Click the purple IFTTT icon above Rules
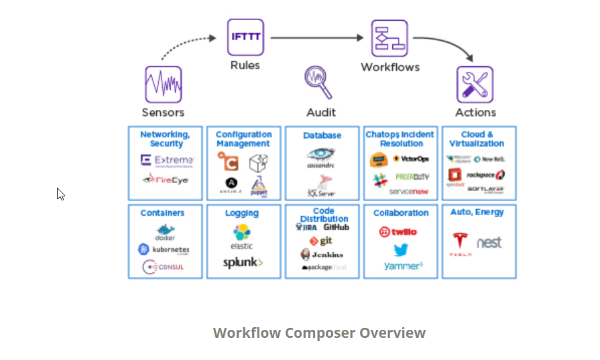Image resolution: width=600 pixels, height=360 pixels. tap(245, 37)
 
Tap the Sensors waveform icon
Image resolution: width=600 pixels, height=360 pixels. tap(163, 84)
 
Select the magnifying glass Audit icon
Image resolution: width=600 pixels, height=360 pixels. tap(318, 82)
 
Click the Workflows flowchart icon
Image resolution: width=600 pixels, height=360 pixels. tap(389, 38)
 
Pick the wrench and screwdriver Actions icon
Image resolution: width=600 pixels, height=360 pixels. tap(475, 84)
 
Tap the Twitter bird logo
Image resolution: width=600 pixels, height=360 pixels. tap(401, 250)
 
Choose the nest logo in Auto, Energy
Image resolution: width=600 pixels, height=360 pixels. tap(489, 243)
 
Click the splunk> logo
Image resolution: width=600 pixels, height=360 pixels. tap(243, 263)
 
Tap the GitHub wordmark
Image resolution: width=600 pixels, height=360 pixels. tap(336, 227)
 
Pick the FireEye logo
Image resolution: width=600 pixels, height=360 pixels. tap(166, 180)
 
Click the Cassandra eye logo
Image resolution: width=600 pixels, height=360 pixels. tap(321, 156)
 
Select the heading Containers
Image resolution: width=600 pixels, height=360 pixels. tap(162, 213)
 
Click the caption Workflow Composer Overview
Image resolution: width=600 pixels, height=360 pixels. tap(319, 333)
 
